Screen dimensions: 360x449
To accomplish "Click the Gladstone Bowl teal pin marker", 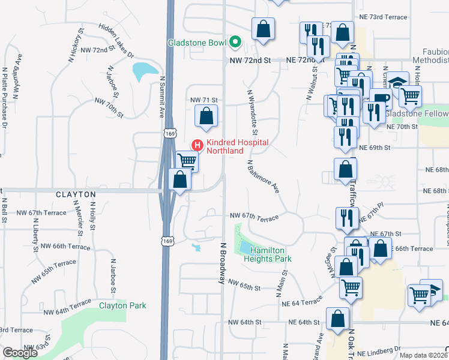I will [236, 43].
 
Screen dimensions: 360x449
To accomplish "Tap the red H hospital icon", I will [197, 145].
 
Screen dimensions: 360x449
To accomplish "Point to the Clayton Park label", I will [122, 305].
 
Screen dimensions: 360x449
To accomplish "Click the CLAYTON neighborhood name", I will [76, 195].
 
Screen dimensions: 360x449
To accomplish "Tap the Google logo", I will [20, 353].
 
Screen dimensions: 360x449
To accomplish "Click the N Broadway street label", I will [222, 264].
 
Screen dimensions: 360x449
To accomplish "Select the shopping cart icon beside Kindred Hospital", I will [187, 160].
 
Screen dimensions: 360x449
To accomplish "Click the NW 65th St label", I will [244, 288].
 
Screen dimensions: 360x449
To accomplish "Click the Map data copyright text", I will [423, 355].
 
